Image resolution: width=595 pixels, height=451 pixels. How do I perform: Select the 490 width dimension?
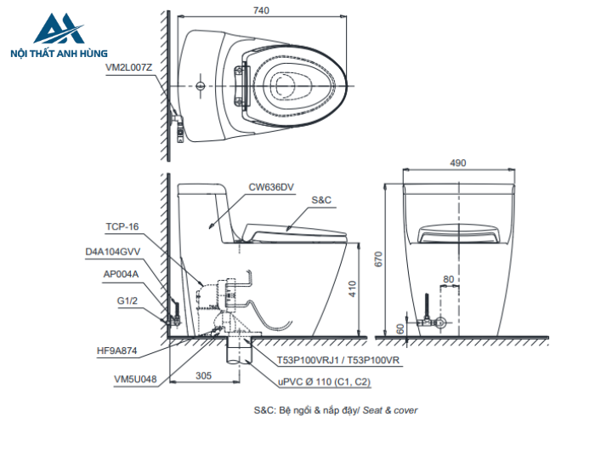459,163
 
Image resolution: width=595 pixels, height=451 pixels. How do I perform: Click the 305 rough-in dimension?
203,374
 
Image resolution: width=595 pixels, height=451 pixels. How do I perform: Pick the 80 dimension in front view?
448,279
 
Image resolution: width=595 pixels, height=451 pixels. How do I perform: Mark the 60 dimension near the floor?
400,328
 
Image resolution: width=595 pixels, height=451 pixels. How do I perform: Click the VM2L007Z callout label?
129,66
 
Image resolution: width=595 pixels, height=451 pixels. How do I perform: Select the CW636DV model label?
271,186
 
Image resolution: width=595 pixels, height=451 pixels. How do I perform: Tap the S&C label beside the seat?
321,199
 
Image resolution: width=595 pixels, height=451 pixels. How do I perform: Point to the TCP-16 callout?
122,227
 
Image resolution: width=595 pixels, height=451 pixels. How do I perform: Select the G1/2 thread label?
127,299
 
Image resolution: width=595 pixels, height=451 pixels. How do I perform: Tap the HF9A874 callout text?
117,349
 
